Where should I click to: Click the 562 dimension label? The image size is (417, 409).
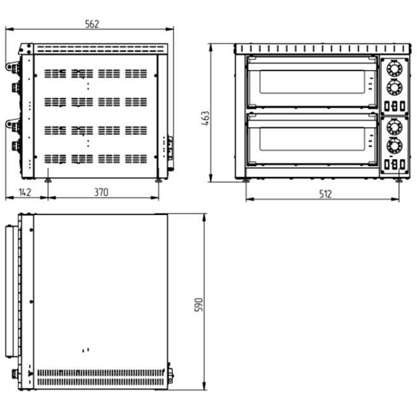click(92, 24)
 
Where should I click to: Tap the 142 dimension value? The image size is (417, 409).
click(25, 192)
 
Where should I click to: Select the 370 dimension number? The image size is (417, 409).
click(101, 192)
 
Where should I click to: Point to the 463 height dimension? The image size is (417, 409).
click(205, 118)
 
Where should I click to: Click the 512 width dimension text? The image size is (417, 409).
click(325, 194)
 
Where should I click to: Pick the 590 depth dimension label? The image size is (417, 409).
click(199, 305)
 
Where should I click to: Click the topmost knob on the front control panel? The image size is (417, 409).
click(395, 69)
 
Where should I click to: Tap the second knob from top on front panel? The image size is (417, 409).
click(395, 87)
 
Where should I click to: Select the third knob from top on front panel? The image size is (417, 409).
click(395, 127)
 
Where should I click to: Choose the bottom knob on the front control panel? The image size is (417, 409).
click(395, 146)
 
